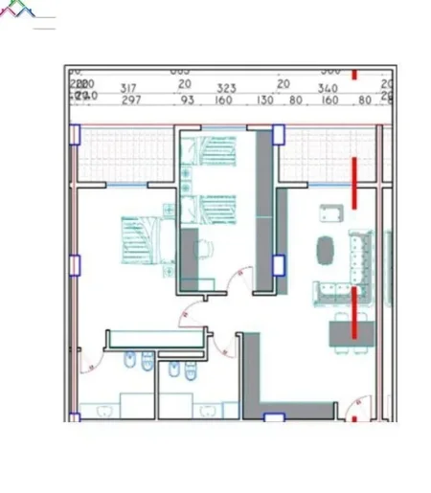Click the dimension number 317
129,87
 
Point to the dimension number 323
226,87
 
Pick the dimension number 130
265,100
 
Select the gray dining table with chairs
348,331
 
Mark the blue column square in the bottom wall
273,418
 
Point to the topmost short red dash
354,73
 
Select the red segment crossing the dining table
354,316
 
